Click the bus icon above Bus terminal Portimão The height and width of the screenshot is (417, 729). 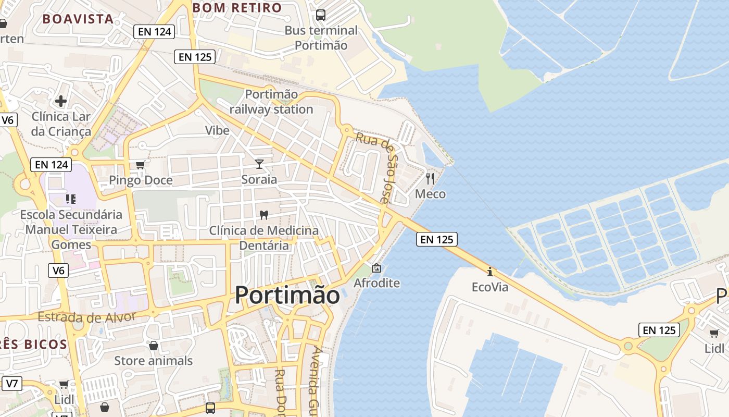321,15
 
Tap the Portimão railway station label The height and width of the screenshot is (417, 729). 271,102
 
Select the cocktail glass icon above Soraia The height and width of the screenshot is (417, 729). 259,164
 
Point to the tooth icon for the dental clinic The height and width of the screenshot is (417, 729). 263,215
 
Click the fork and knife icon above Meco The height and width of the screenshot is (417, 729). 430,179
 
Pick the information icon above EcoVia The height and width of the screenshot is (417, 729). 489,272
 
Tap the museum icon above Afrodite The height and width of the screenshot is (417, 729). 376,268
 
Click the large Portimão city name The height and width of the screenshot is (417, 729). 287,295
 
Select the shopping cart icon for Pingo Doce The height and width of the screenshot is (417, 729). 140,165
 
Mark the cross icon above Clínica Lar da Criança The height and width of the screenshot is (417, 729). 61,101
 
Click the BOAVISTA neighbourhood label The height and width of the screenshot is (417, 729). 78,19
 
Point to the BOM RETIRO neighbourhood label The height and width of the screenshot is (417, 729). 237,8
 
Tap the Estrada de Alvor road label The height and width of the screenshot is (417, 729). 86,316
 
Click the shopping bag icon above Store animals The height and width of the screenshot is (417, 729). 154,346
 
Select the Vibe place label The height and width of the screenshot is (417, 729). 217,130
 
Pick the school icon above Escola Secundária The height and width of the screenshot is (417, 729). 71,199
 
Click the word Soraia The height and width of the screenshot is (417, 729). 259,179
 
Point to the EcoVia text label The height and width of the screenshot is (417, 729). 490,287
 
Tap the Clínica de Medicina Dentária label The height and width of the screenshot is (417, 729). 263,238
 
